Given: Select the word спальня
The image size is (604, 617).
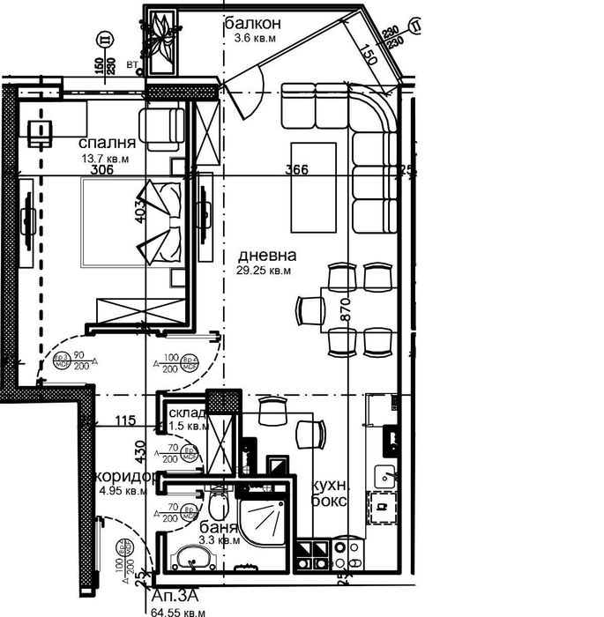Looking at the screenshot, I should (107, 143).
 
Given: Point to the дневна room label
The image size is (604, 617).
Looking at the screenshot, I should (267, 256).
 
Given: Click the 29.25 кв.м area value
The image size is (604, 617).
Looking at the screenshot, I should (264, 271).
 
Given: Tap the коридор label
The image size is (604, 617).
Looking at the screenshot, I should (129, 476).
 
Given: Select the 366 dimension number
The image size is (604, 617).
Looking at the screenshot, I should (296, 170).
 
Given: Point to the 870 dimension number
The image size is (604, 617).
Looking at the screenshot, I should (345, 308).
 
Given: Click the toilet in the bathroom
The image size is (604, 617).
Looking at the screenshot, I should (218, 506).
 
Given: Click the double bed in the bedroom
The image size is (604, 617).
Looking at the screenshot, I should (132, 221).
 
